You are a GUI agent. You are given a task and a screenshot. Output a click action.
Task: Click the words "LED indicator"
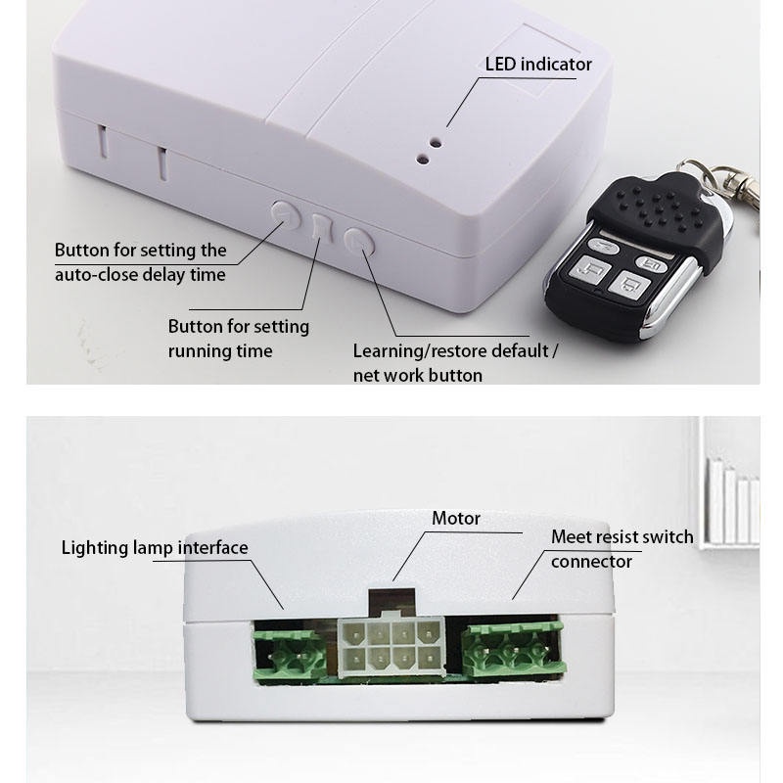(x=538, y=65)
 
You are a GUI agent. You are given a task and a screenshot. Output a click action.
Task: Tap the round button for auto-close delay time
(x=285, y=214)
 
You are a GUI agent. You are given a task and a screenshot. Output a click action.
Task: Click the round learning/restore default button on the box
(x=360, y=241)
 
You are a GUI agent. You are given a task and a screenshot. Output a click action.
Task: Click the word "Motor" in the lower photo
(x=456, y=518)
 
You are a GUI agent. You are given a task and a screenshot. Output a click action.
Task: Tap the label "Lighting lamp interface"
(x=155, y=547)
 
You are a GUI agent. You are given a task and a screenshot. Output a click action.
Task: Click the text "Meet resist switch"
(x=622, y=536)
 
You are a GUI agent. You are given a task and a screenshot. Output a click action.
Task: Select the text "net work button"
(x=417, y=375)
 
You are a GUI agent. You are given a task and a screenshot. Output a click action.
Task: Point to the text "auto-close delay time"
(x=140, y=274)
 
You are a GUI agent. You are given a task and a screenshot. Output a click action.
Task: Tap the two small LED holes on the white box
(x=429, y=147)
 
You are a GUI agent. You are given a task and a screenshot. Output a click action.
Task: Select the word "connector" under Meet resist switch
(x=591, y=561)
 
